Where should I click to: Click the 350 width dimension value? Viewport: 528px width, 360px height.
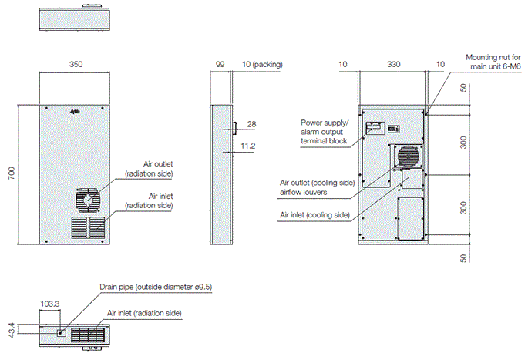[x=76, y=65]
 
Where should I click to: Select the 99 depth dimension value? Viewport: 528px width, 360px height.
[x=220, y=65]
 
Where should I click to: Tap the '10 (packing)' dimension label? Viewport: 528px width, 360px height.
[x=262, y=65]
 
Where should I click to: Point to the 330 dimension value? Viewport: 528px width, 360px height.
[x=394, y=65]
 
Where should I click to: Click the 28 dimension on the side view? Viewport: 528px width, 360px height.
[x=252, y=124]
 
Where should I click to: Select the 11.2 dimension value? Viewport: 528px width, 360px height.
[x=248, y=145]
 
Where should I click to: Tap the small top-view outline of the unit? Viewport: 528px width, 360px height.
[x=76, y=20]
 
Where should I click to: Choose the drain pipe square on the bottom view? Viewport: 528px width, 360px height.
[x=62, y=332]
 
